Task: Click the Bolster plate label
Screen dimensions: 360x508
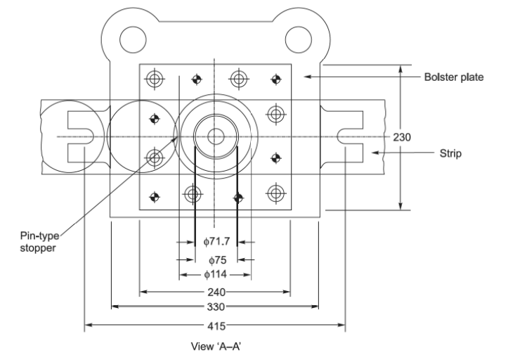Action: point(452,76)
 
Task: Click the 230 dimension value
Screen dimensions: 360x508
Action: point(400,137)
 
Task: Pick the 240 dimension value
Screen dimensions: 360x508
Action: point(216,291)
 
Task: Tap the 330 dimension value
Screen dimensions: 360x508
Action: point(216,307)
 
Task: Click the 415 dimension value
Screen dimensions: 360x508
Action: point(216,326)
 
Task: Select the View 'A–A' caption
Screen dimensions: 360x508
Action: point(216,347)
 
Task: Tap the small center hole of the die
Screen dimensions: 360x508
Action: point(216,136)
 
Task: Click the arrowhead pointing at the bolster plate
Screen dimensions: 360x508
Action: point(307,76)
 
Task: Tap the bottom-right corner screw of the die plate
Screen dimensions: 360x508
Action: point(276,192)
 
